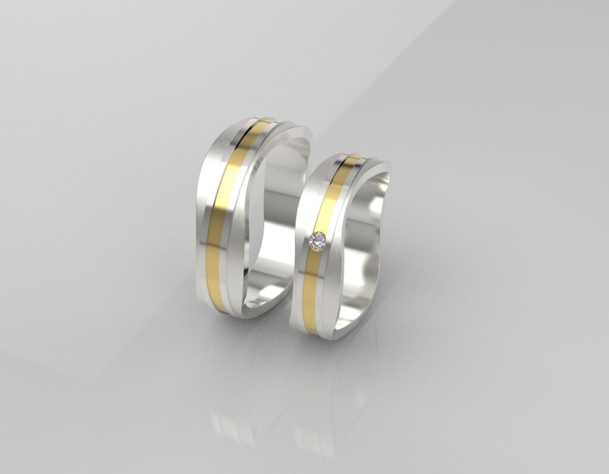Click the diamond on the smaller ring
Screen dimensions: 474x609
tap(318, 241)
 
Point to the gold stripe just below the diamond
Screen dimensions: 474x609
tap(309, 286)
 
